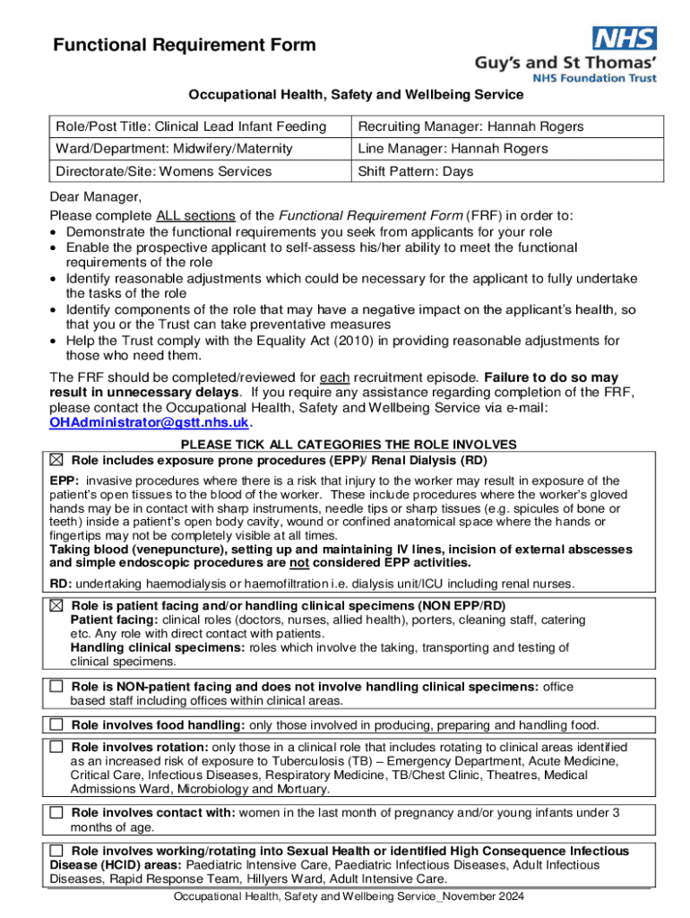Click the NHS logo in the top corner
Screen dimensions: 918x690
pyautogui.click(x=624, y=38)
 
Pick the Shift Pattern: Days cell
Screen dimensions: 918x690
pyautogui.click(x=416, y=171)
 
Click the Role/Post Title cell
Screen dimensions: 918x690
pyautogui.click(x=187, y=126)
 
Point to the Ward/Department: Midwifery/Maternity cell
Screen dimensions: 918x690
pyautogui.click(x=174, y=149)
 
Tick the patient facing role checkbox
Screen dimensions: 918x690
pyautogui.click(x=57, y=606)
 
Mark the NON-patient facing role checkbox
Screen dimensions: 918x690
pyautogui.click(x=57, y=687)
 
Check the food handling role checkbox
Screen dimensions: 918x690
pyautogui.click(x=57, y=723)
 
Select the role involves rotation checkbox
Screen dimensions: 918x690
pyautogui.click(x=57, y=747)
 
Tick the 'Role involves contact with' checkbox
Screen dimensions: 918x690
pyautogui.click(x=57, y=812)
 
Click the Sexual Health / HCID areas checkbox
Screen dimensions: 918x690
pyautogui.click(x=57, y=851)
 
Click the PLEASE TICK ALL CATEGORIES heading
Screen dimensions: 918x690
pyautogui.click(x=349, y=445)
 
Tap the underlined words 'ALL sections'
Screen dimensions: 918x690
pyautogui.click(x=195, y=216)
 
